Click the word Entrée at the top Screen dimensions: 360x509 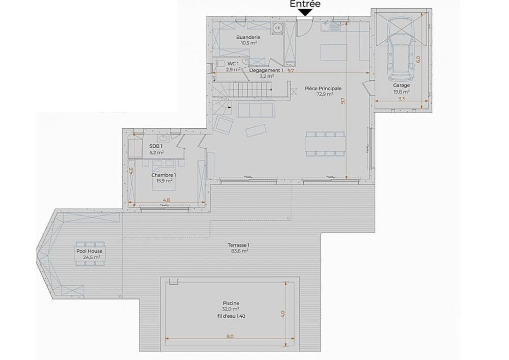305,4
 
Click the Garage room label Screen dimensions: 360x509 401,86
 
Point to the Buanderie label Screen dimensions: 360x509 248,37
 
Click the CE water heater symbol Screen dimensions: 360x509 278,28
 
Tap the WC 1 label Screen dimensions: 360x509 233,64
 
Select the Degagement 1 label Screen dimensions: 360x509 266,70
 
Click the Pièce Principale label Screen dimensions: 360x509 323,88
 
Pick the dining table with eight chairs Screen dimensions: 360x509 325,143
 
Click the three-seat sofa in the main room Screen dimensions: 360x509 256,109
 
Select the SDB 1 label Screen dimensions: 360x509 156,146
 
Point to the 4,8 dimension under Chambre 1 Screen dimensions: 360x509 166,200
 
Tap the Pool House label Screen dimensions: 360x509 89,251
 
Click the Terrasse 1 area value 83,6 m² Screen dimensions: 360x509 238,251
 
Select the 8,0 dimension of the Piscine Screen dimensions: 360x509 230,336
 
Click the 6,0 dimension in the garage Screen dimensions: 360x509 418,58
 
